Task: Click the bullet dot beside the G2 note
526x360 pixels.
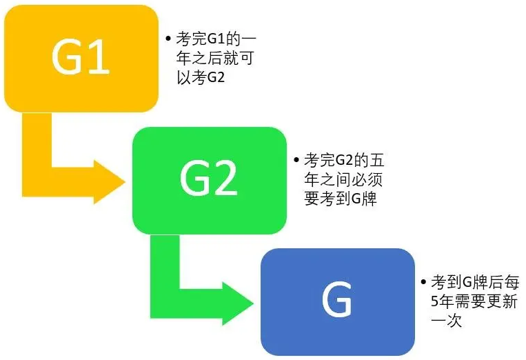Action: (x=296, y=160)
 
